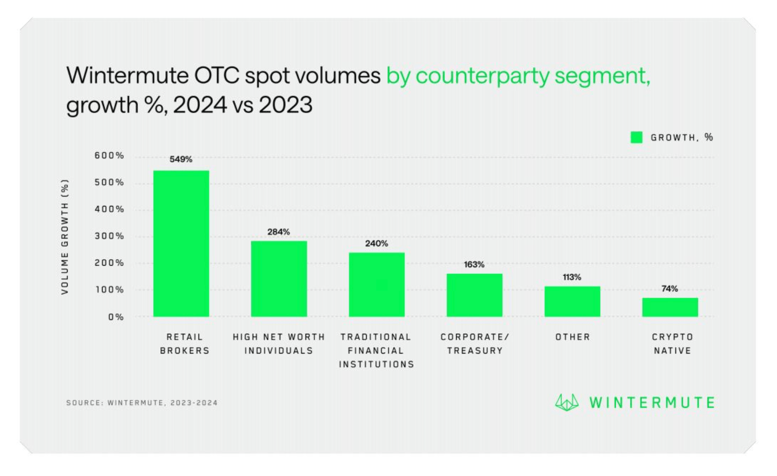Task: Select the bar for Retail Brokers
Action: click(x=181, y=243)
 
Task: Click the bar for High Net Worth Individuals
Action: click(x=279, y=279)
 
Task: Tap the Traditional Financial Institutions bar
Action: click(x=377, y=284)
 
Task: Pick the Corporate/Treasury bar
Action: click(x=474, y=295)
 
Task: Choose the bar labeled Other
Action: click(x=572, y=301)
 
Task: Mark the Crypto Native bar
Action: click(x=670, y=307)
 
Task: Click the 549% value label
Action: click(x=181, y=159)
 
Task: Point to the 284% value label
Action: click(x=279, y=232)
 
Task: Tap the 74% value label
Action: click(x=670, y=289)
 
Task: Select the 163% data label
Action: click(x=474, y=265)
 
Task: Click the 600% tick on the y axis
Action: click(x=109, y=156)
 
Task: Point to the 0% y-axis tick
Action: click(x=116, y=317)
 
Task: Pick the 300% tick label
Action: click(x=109, y=237)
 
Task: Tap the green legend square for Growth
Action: click(x=637, y=137)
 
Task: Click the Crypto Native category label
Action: click(x=672, y=344)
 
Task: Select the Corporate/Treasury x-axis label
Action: click(x=474, y=344)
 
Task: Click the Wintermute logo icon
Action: click(x=567, y=402)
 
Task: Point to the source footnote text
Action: click(x=142, y=403)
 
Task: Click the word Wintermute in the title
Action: click(x=127, y=76)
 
